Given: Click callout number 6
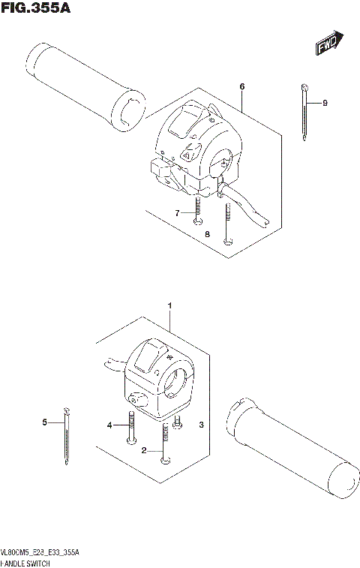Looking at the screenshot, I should click(x=242, y=87).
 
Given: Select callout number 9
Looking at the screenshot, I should click(x=325, y=103).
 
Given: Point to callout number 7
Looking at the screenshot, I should click(x=178, y=214).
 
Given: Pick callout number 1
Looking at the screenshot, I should click(x=170, y=306).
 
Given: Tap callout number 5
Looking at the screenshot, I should click(x=44, y=423).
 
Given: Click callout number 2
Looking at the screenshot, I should click(x=142, y=451).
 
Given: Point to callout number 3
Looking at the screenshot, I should click(x=202, y=425).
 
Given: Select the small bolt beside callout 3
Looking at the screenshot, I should click(x=178, y=423).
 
